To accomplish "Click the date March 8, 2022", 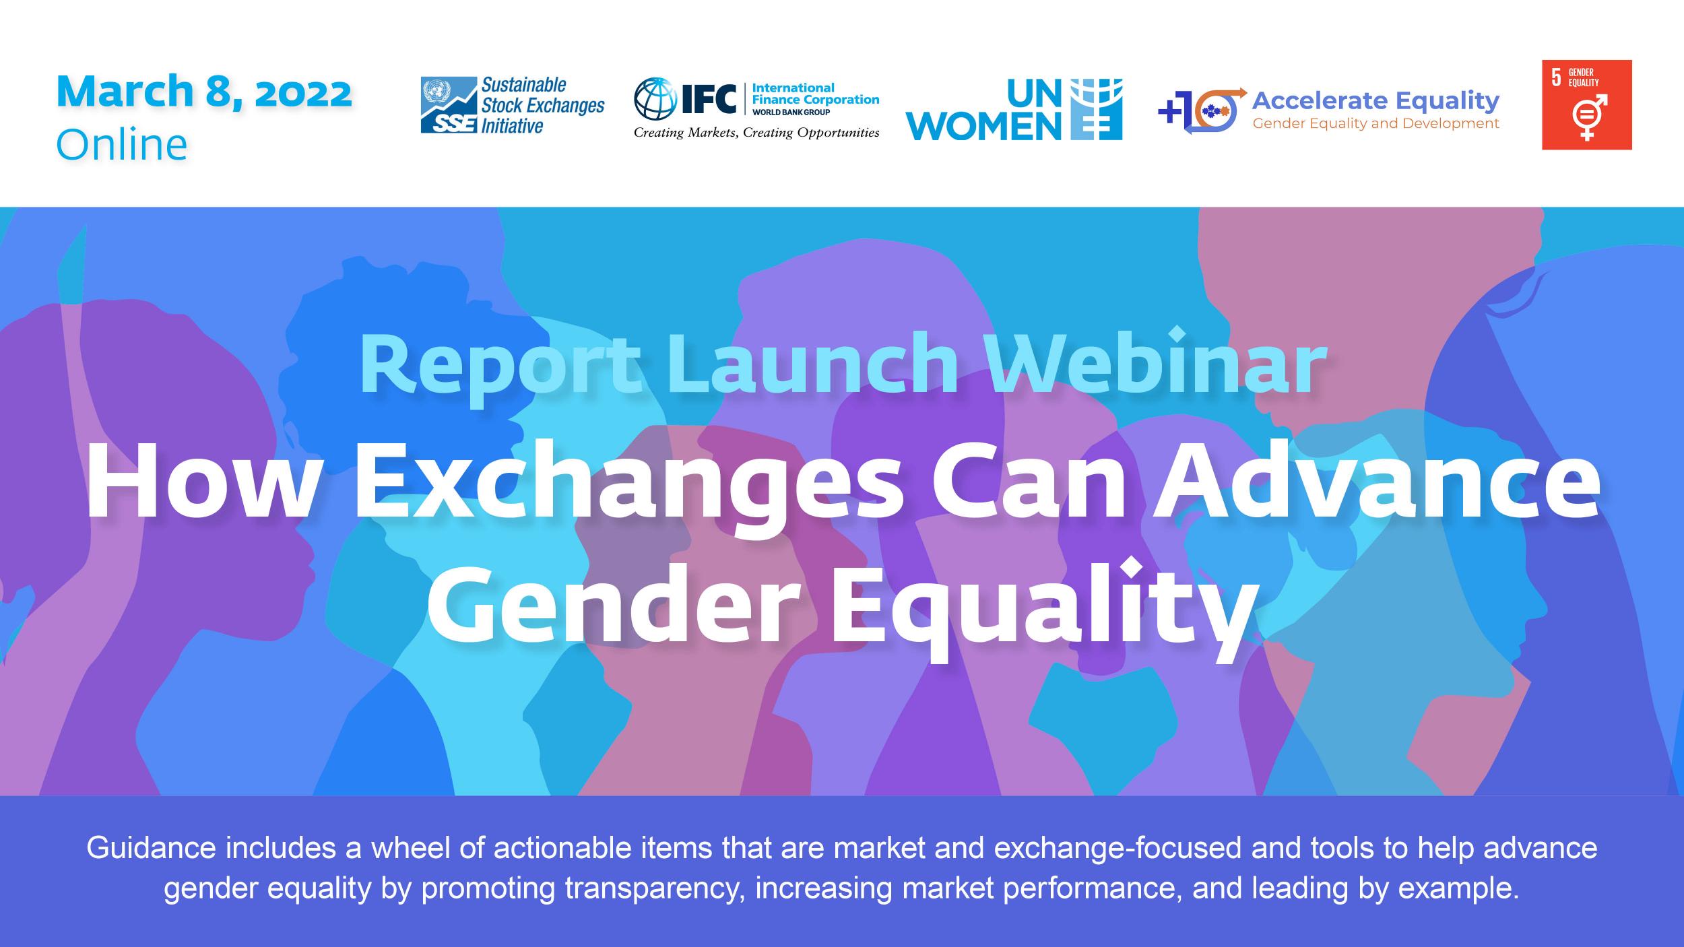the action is [204, 92].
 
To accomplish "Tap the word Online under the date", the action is [122, 144].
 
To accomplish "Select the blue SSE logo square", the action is [449, 105].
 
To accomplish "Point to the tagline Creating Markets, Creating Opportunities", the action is [756, 133].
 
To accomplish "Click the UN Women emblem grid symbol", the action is [1096, 109].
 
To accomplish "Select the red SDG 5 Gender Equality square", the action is [1587, 104].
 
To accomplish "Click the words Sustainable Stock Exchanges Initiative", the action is [542, 105].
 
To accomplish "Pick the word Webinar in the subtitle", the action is [1157, 363].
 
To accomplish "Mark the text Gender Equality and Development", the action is [1376, 124].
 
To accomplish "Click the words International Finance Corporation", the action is [815, 94].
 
